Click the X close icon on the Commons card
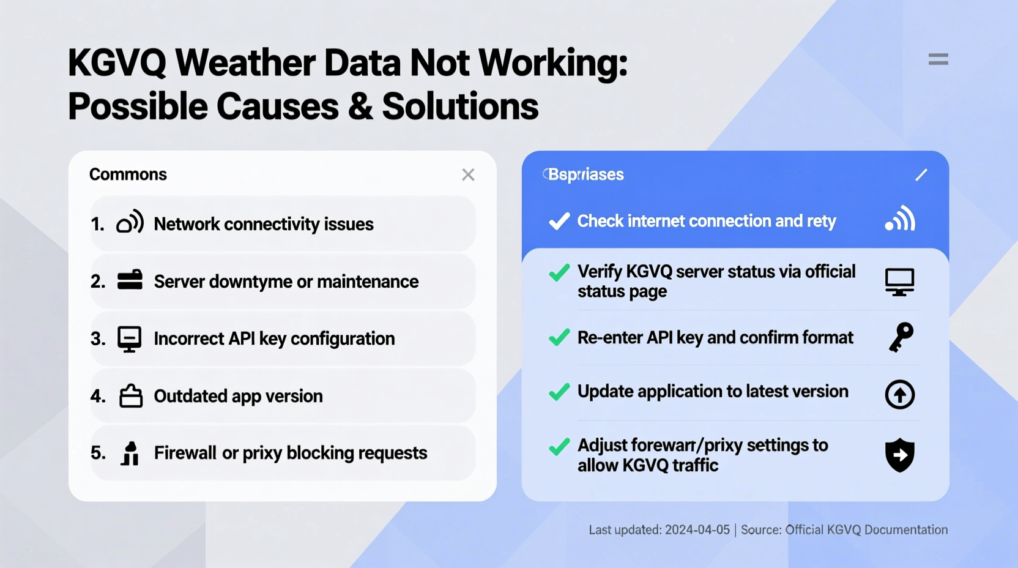click(468, 175)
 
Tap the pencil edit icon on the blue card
click(921, 175)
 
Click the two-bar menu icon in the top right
click(938, 59)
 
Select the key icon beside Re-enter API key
click(901, 337)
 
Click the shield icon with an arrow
click(900, 455)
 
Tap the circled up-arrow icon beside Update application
click(900, 394)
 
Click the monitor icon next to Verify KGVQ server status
click(899, 282)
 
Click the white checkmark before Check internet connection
click(559, 221)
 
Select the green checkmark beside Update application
click(559, 392)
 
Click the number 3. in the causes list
click(98, 338)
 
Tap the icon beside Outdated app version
click(130, 396)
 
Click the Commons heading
click(128, 174)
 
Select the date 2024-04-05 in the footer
click(697, 530)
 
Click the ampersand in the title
click(360, 106)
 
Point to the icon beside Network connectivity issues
click(130, 223)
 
